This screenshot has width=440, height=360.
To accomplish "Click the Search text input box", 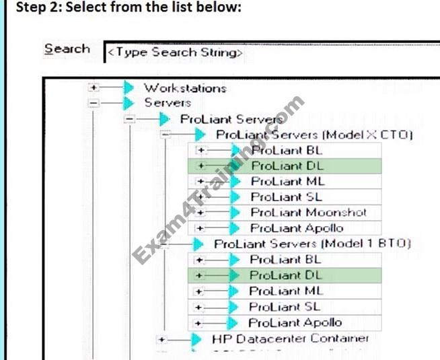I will click(x=269, y=52).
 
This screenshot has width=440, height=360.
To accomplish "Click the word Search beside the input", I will click(x=67, y=49).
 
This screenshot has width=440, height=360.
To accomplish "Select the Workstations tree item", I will click(x=185, y=87).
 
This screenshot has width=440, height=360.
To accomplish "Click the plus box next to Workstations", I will click(x=94, y=87).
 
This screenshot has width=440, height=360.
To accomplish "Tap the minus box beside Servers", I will click(x=94, y=103).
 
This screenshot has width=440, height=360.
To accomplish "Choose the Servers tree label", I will click(x=168, y=103).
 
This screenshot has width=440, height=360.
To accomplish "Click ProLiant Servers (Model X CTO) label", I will click(x=314, y=135).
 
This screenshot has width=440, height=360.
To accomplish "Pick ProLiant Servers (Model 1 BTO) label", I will click(x=312, y=244).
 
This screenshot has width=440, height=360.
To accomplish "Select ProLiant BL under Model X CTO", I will click(x=287, y=150).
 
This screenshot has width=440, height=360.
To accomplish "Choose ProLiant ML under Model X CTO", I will click(x=287, y=181).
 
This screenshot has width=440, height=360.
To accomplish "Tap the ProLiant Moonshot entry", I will click(x=308, y=213).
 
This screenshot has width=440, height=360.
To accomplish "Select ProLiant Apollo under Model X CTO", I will click(x=296, y=228).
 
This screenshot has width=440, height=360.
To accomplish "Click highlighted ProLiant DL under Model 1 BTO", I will click(x=285, y=275).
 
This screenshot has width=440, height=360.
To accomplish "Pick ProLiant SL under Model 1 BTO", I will click(x=285, y=307).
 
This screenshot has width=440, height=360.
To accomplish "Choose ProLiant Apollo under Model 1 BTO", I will click(x=295, y=323).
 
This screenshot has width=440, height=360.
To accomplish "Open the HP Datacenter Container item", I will click(x=290, y=338).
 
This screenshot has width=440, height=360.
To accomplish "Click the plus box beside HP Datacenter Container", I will click(x=161, y=340).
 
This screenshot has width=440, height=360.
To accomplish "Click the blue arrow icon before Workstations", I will click(x=128, y=87).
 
